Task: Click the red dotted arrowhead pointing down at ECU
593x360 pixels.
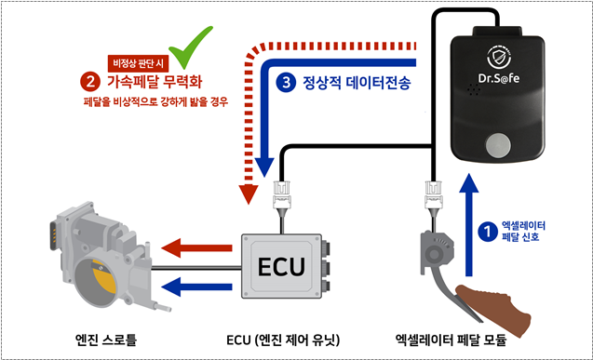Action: [249, 194]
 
